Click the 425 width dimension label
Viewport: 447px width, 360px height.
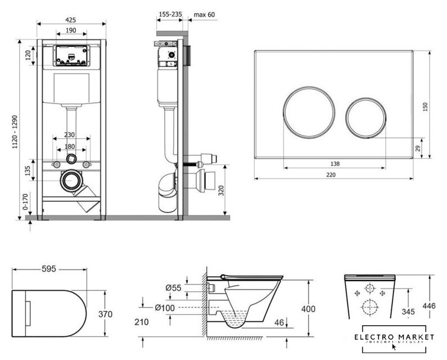pyautogui.click(x=71, y=19)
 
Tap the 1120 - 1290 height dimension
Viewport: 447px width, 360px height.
pyautogui.click(x=21, y=125)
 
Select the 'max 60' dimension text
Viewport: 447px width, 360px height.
pyautogui.click(x=203, y=14)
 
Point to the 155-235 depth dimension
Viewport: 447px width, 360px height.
pyautogui.click(x=169, y=14)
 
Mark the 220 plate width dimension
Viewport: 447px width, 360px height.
pyautogui.click(x=336, y=175)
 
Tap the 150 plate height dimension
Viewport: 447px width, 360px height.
pyautogui.click(x=426, y=105)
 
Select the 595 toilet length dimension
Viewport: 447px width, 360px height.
pyautogui.click(x=49, y=269)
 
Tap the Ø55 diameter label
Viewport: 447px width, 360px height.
pyautogui.click(x=172, y=288)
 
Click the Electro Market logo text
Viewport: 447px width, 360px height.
pyautogui.click(x=398, y=337)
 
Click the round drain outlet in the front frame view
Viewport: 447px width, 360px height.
pyautogui.click(x=70, y=181)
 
